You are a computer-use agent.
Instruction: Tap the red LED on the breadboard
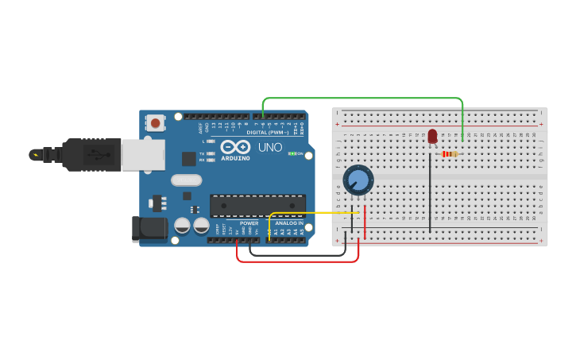432,137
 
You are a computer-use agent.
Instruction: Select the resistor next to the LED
450,153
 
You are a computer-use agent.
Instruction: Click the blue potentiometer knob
359,180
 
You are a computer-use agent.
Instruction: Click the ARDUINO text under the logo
236,157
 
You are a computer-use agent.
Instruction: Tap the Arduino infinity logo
236,147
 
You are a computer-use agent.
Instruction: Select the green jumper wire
362,98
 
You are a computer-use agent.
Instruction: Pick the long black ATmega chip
257,205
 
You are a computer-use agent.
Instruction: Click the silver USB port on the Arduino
143,155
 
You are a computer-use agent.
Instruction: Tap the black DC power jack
149,228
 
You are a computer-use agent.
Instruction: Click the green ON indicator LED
292,153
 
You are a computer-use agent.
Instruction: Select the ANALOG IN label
289,223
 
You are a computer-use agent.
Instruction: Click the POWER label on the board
249,223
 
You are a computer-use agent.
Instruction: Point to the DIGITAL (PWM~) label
268,132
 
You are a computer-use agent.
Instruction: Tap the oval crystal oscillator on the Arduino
187,180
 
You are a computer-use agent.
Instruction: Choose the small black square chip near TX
188,159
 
